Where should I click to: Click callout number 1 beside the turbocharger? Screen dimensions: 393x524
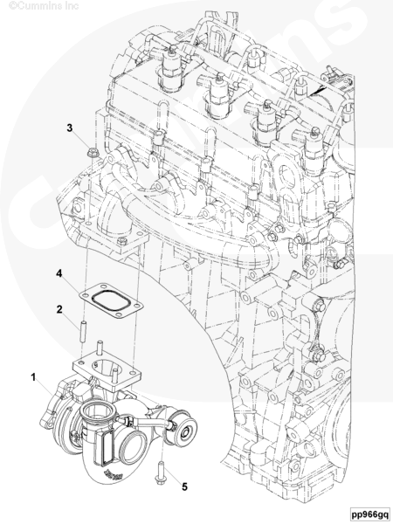tap(33, 377)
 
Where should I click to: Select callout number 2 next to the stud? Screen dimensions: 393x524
tap(59, 309)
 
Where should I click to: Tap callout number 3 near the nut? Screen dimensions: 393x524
tap(70, 128)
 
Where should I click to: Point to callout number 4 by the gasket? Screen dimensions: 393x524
tap(59, 273)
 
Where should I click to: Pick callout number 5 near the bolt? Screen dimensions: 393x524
tap(184, 487)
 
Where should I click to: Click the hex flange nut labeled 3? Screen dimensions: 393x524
tap(91, 153)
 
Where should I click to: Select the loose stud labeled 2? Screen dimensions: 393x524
tap(83, 331)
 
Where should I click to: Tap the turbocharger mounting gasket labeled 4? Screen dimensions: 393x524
tap(111, 300)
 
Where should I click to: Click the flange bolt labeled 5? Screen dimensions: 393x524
tap(161, 472)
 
